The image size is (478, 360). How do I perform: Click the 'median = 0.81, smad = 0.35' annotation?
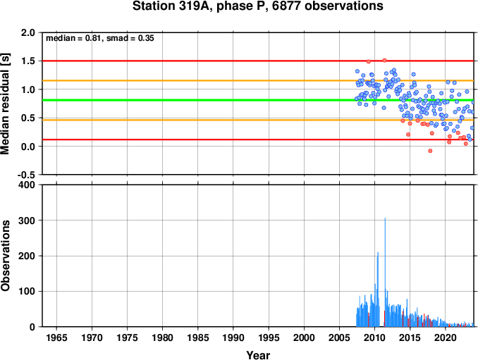point(100,38)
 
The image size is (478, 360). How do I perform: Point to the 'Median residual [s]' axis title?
point(5,104)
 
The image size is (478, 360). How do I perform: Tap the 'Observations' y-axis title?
point(5,255)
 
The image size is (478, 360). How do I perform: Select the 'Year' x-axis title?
point(258,355)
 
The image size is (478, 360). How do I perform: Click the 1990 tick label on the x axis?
point(233,337)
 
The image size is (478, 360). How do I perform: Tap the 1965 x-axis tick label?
point(56,337)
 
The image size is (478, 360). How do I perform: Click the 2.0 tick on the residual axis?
point(27,32)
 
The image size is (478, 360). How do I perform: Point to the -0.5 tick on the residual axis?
point(26,175)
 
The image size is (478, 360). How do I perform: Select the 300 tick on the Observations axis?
point(27,221)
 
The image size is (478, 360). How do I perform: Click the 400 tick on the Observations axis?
point(27,185)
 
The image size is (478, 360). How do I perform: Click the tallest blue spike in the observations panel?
point(385,272)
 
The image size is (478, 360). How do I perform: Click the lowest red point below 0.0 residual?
point(430,151)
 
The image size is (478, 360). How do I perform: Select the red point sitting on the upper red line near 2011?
point(384,61)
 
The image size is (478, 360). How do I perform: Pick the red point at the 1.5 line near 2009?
point(369,61)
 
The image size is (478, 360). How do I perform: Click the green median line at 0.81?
point(258,100)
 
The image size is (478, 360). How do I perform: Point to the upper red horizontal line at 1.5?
point(258,61)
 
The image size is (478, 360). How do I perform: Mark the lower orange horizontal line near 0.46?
point(258,120)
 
